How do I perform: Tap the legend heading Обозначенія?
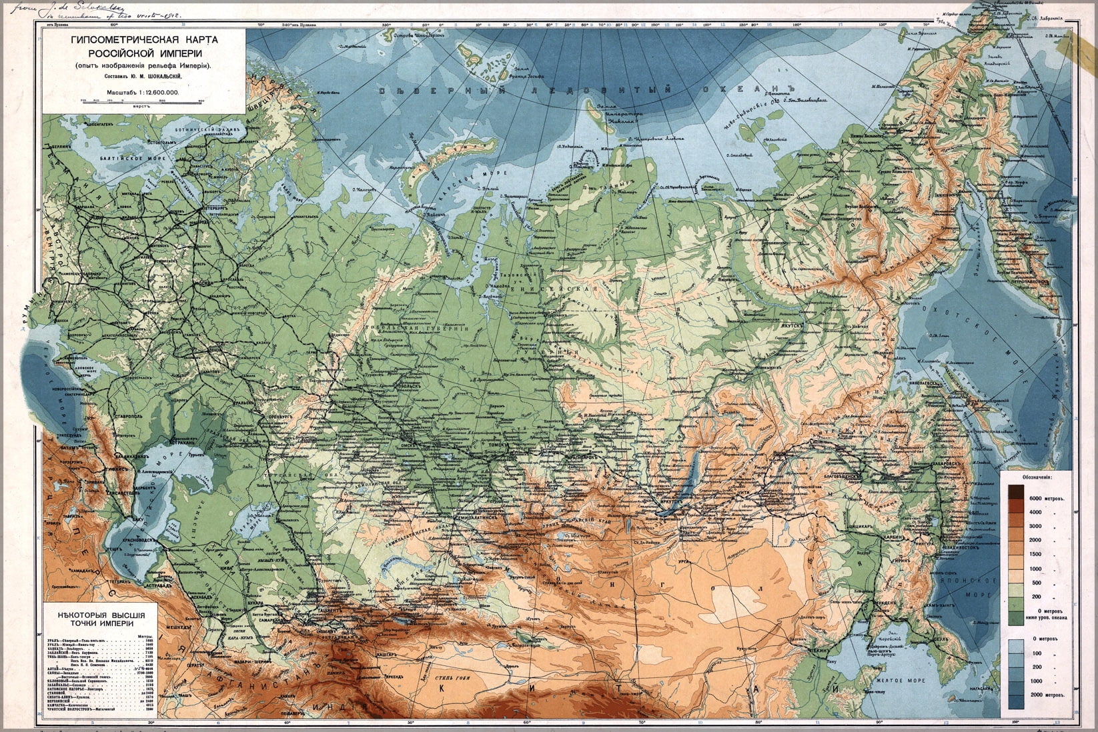[x=1039, y=478]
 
